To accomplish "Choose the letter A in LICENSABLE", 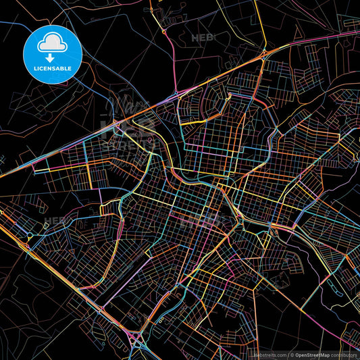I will click(63, 68).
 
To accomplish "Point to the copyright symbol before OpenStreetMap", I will click(291, 354).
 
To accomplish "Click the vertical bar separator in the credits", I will click(287, 354).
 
